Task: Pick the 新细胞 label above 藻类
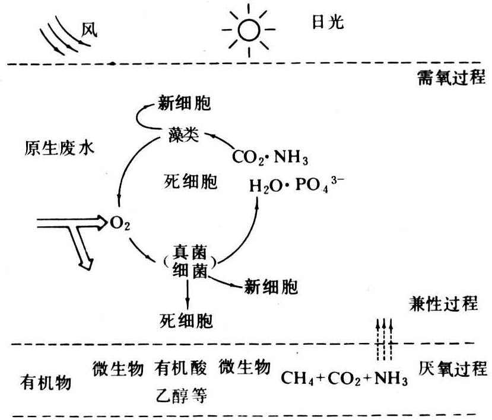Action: pos(183,103)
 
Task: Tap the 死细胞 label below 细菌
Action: pos(186,321)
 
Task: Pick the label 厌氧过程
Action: pos(453,369)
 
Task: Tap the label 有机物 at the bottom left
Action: pos(47,383)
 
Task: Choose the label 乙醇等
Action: pos(182,395)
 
